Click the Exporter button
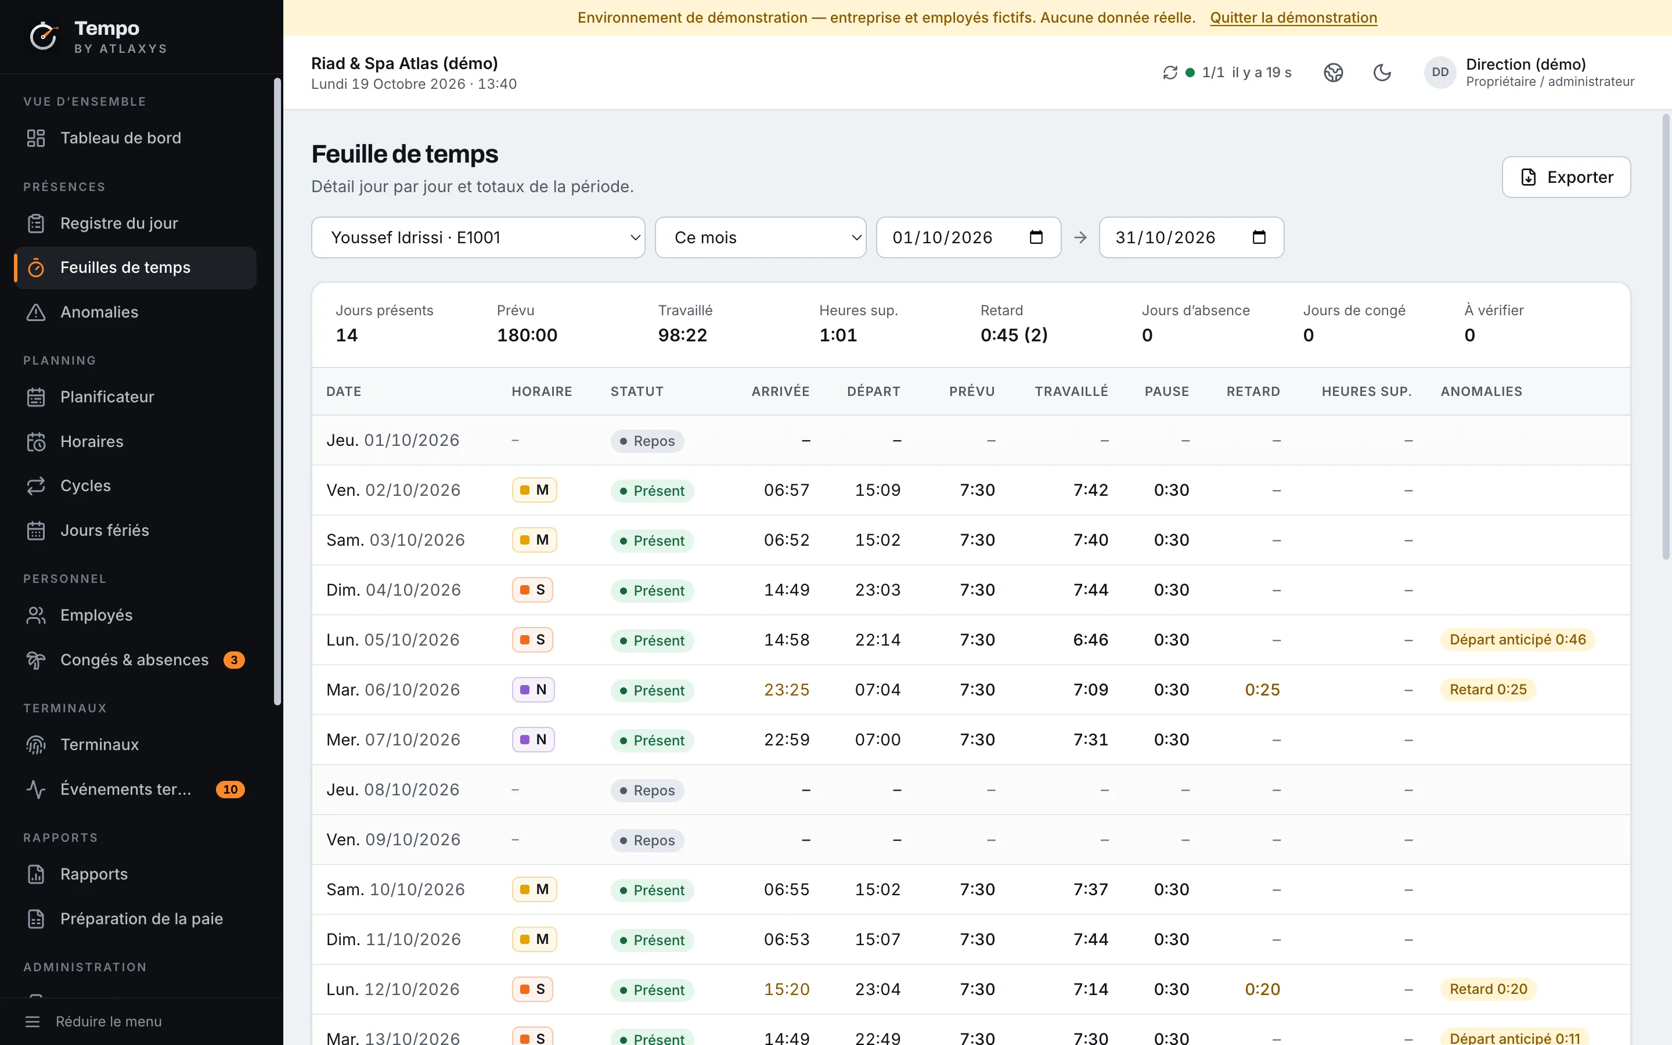[1566, 177]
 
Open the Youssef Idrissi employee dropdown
[478, 238]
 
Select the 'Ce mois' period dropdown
[760, 238]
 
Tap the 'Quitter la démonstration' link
[1293, 18]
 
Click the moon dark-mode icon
[1382, 73]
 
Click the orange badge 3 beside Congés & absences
[234, 660]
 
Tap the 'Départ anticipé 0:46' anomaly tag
[1517, 640]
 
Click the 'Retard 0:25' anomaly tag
[1487, 690]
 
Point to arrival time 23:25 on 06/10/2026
[786, 690]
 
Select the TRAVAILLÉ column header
[1071, 391]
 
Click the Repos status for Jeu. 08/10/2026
[647, 790]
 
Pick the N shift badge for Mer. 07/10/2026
[534, 740]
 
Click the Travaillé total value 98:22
[683, 335]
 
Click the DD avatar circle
[1440, 73]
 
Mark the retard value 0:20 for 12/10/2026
[1262, 990]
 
